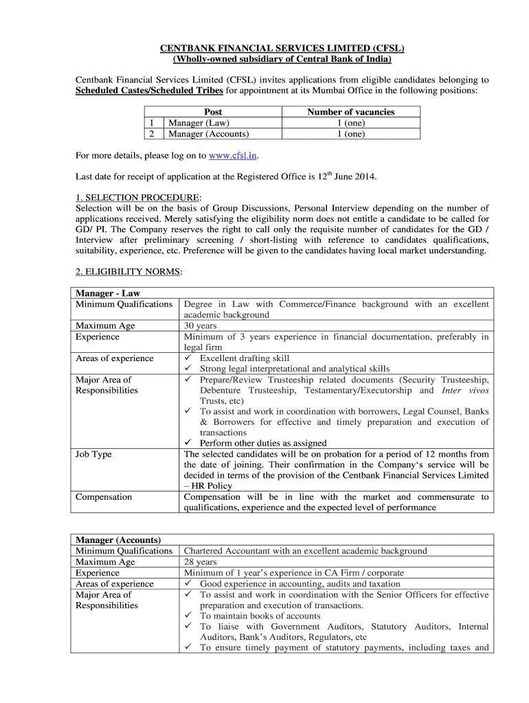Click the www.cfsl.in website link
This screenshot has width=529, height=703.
tap(232, 155)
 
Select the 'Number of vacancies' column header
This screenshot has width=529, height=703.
tap(350, 112)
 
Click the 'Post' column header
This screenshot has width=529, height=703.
tap(213, 112)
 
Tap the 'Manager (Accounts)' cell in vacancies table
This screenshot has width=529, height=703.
tap(209, 134)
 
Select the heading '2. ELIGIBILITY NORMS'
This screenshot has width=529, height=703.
tap(128, 272)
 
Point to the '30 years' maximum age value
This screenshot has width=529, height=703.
tap(200, 326)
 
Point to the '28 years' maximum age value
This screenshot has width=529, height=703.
tap(200, 562)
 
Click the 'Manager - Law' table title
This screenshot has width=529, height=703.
tap(108, 294)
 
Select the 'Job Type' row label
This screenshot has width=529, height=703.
tap(93, 454)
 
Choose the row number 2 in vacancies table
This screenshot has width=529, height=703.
tap(151, 134)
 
